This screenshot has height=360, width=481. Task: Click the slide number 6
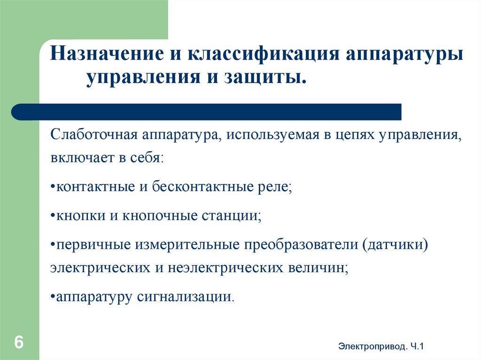click(19, 342)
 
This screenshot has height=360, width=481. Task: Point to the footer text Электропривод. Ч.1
click(381, 347)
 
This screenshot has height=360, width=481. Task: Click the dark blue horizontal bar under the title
click(207, 112)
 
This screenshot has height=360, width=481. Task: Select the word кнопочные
click(163, 216)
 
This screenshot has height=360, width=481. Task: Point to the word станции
click(231, 216)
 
